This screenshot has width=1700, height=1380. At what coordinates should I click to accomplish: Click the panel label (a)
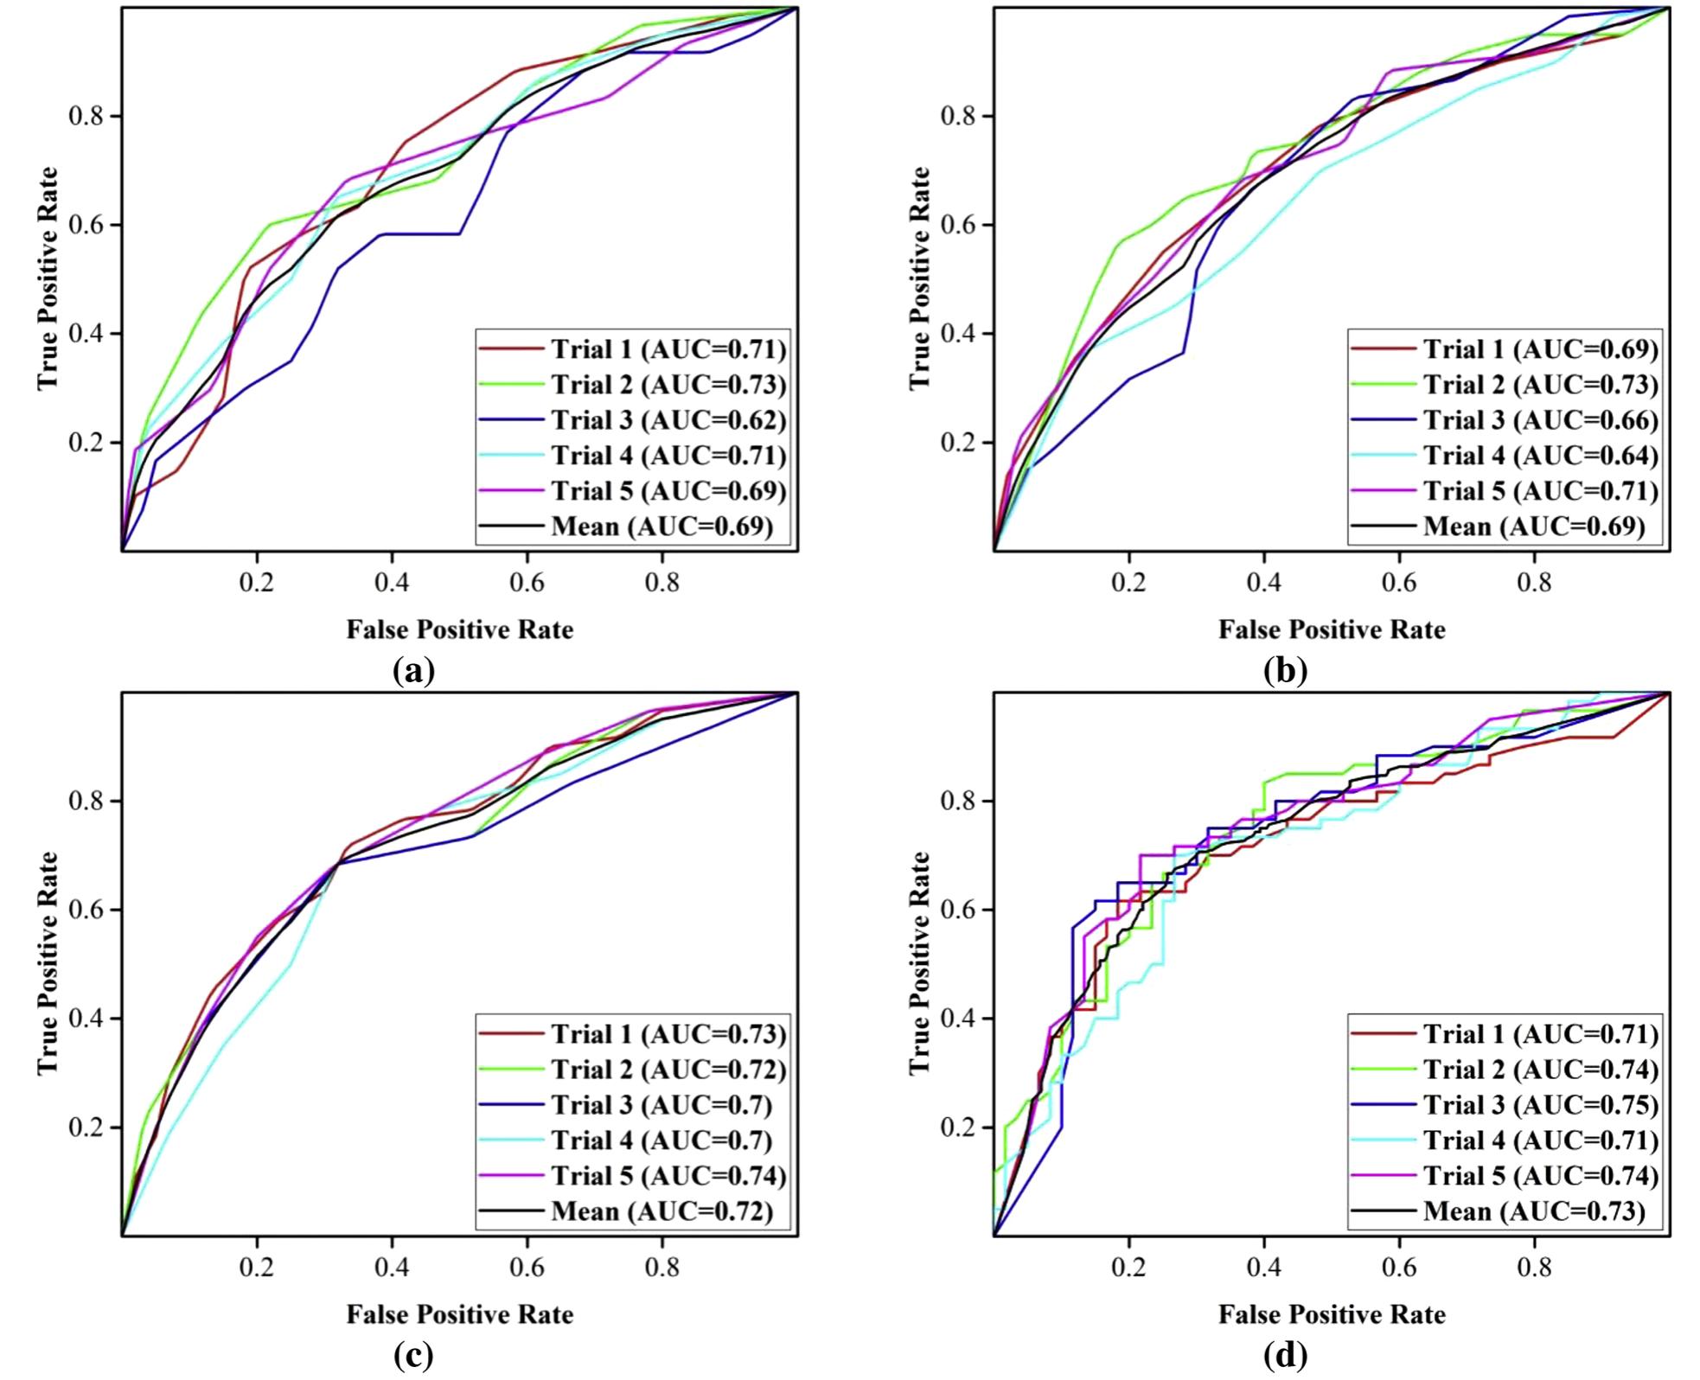[412, 670]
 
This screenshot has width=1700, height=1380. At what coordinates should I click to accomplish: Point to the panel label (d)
[1285, 1355]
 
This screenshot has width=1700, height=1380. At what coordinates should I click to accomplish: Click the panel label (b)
[1285, 670]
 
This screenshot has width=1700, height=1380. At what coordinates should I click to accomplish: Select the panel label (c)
[412, 1355]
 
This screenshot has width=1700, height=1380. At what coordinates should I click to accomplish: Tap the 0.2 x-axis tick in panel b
[1128, 582]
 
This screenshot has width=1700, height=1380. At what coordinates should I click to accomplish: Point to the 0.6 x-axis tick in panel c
[527, 1267]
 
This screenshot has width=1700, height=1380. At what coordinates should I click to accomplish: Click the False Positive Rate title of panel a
[459, 629]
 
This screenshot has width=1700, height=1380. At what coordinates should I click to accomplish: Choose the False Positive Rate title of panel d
[1332, 1314]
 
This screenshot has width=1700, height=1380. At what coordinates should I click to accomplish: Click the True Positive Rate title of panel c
[48, 963]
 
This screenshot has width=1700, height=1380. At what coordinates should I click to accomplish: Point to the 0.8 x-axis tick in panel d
[1534, 1267]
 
